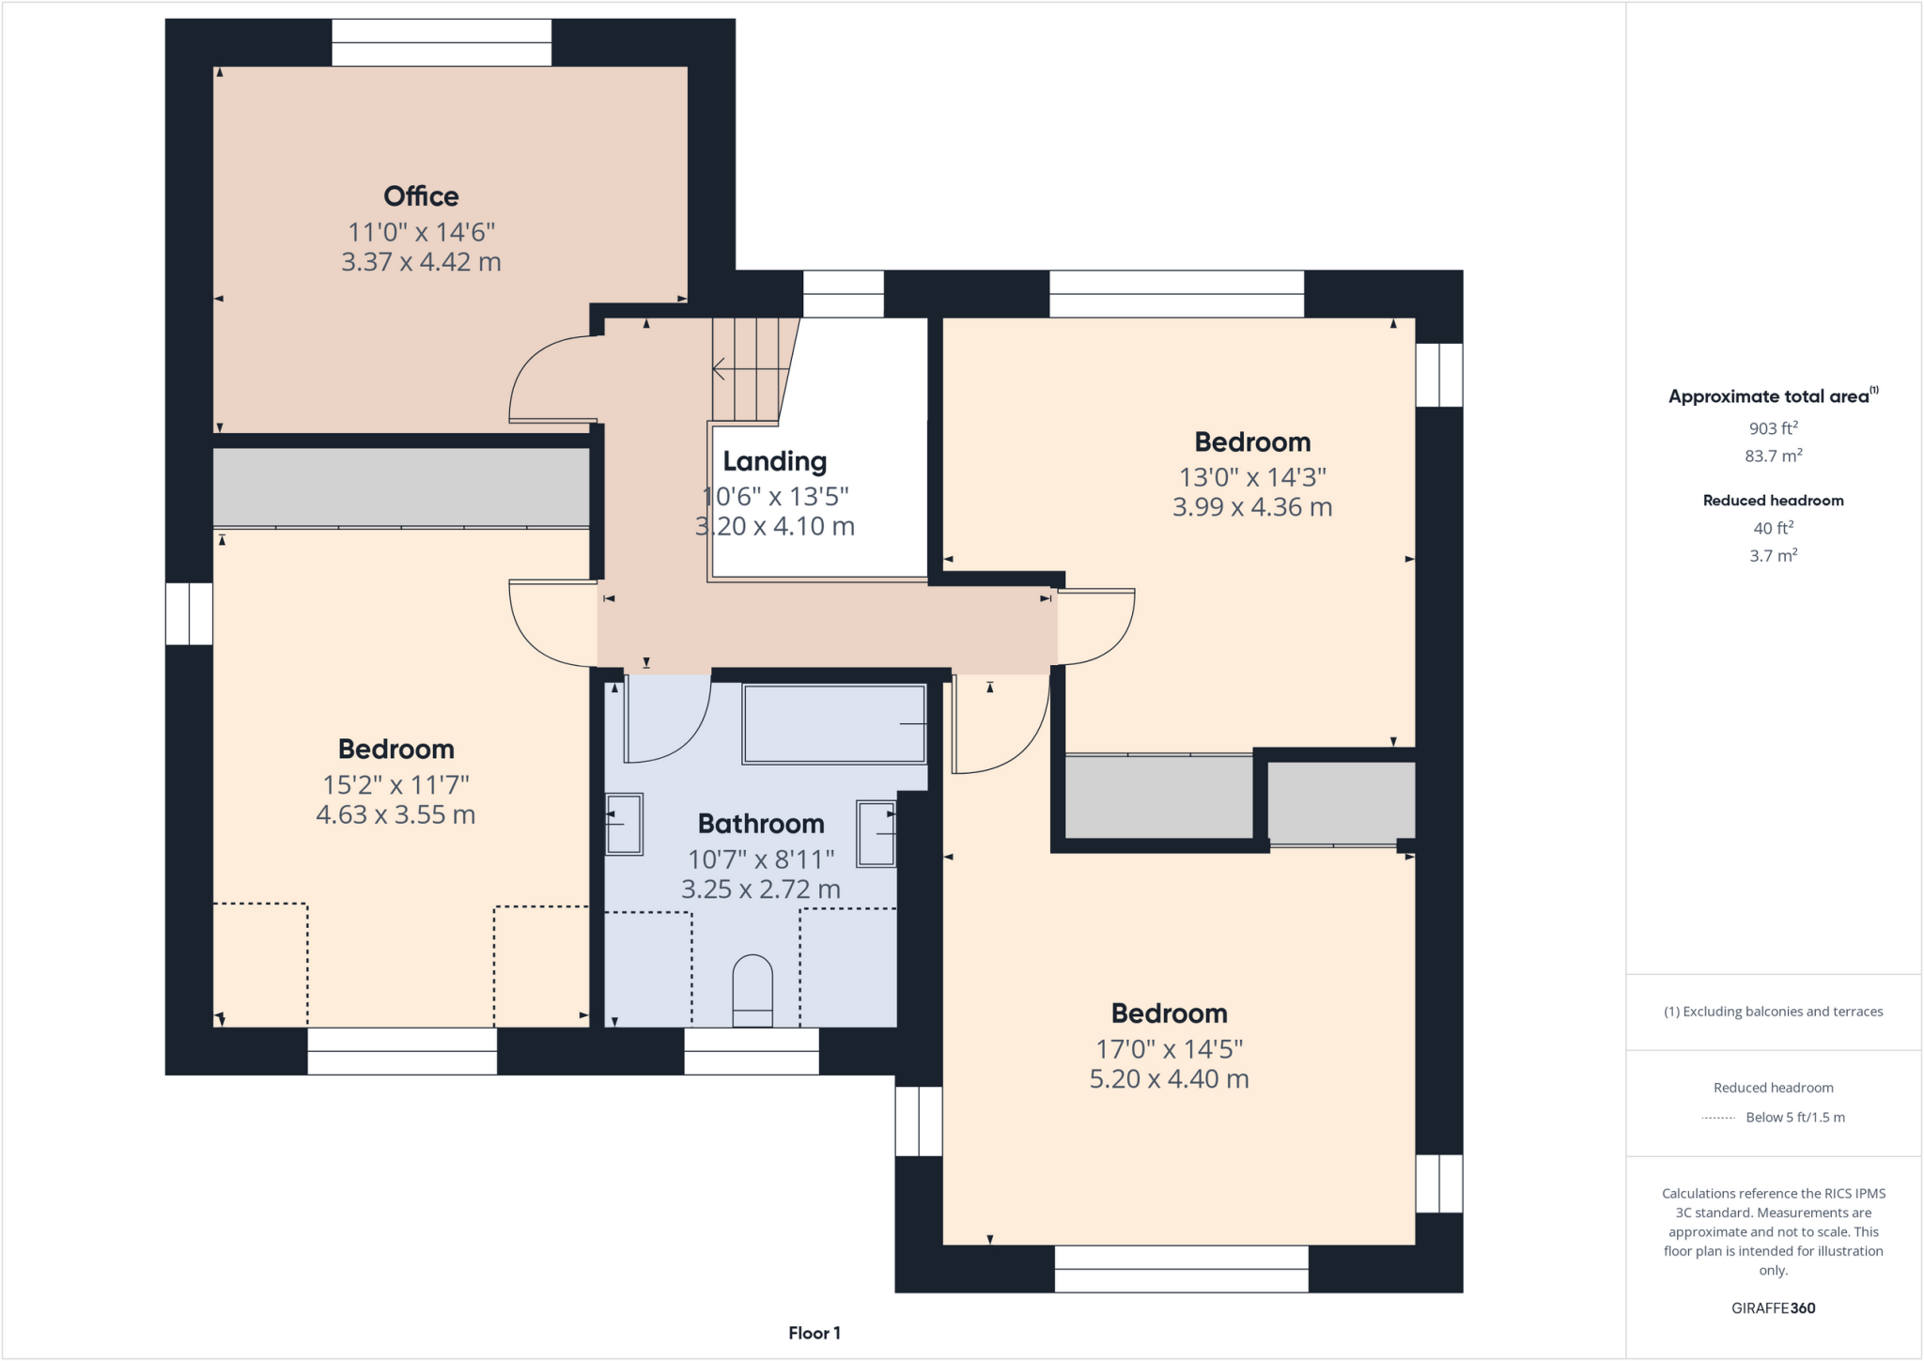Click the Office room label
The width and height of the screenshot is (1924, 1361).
coord(421,196)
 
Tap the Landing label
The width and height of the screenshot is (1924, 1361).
coord(774,461)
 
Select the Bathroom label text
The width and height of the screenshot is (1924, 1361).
coord(761,824)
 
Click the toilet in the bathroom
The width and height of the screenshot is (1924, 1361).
coord(752,991)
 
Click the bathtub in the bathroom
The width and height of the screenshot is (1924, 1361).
coord(834,723)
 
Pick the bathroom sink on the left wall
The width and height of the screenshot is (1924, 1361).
coord(624,824)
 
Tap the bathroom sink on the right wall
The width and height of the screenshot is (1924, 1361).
coord(876,832)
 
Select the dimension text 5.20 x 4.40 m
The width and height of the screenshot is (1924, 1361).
coord(1169,1079)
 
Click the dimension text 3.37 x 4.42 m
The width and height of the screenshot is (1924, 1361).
coord(421,262)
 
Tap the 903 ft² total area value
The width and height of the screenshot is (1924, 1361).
coord(1773,428)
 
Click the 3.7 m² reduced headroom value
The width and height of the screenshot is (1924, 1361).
coord(1773,555)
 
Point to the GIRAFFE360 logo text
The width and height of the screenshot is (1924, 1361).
coord(1773,1307)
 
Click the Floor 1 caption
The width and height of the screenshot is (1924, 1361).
coord(814,1333)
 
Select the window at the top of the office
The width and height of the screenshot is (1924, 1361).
coord(442,42)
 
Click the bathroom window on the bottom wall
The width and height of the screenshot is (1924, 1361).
coord(752,1051)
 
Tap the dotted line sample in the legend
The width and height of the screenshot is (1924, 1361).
coord(1718,1118)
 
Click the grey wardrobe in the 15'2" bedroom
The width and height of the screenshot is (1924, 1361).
coord(401,487)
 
